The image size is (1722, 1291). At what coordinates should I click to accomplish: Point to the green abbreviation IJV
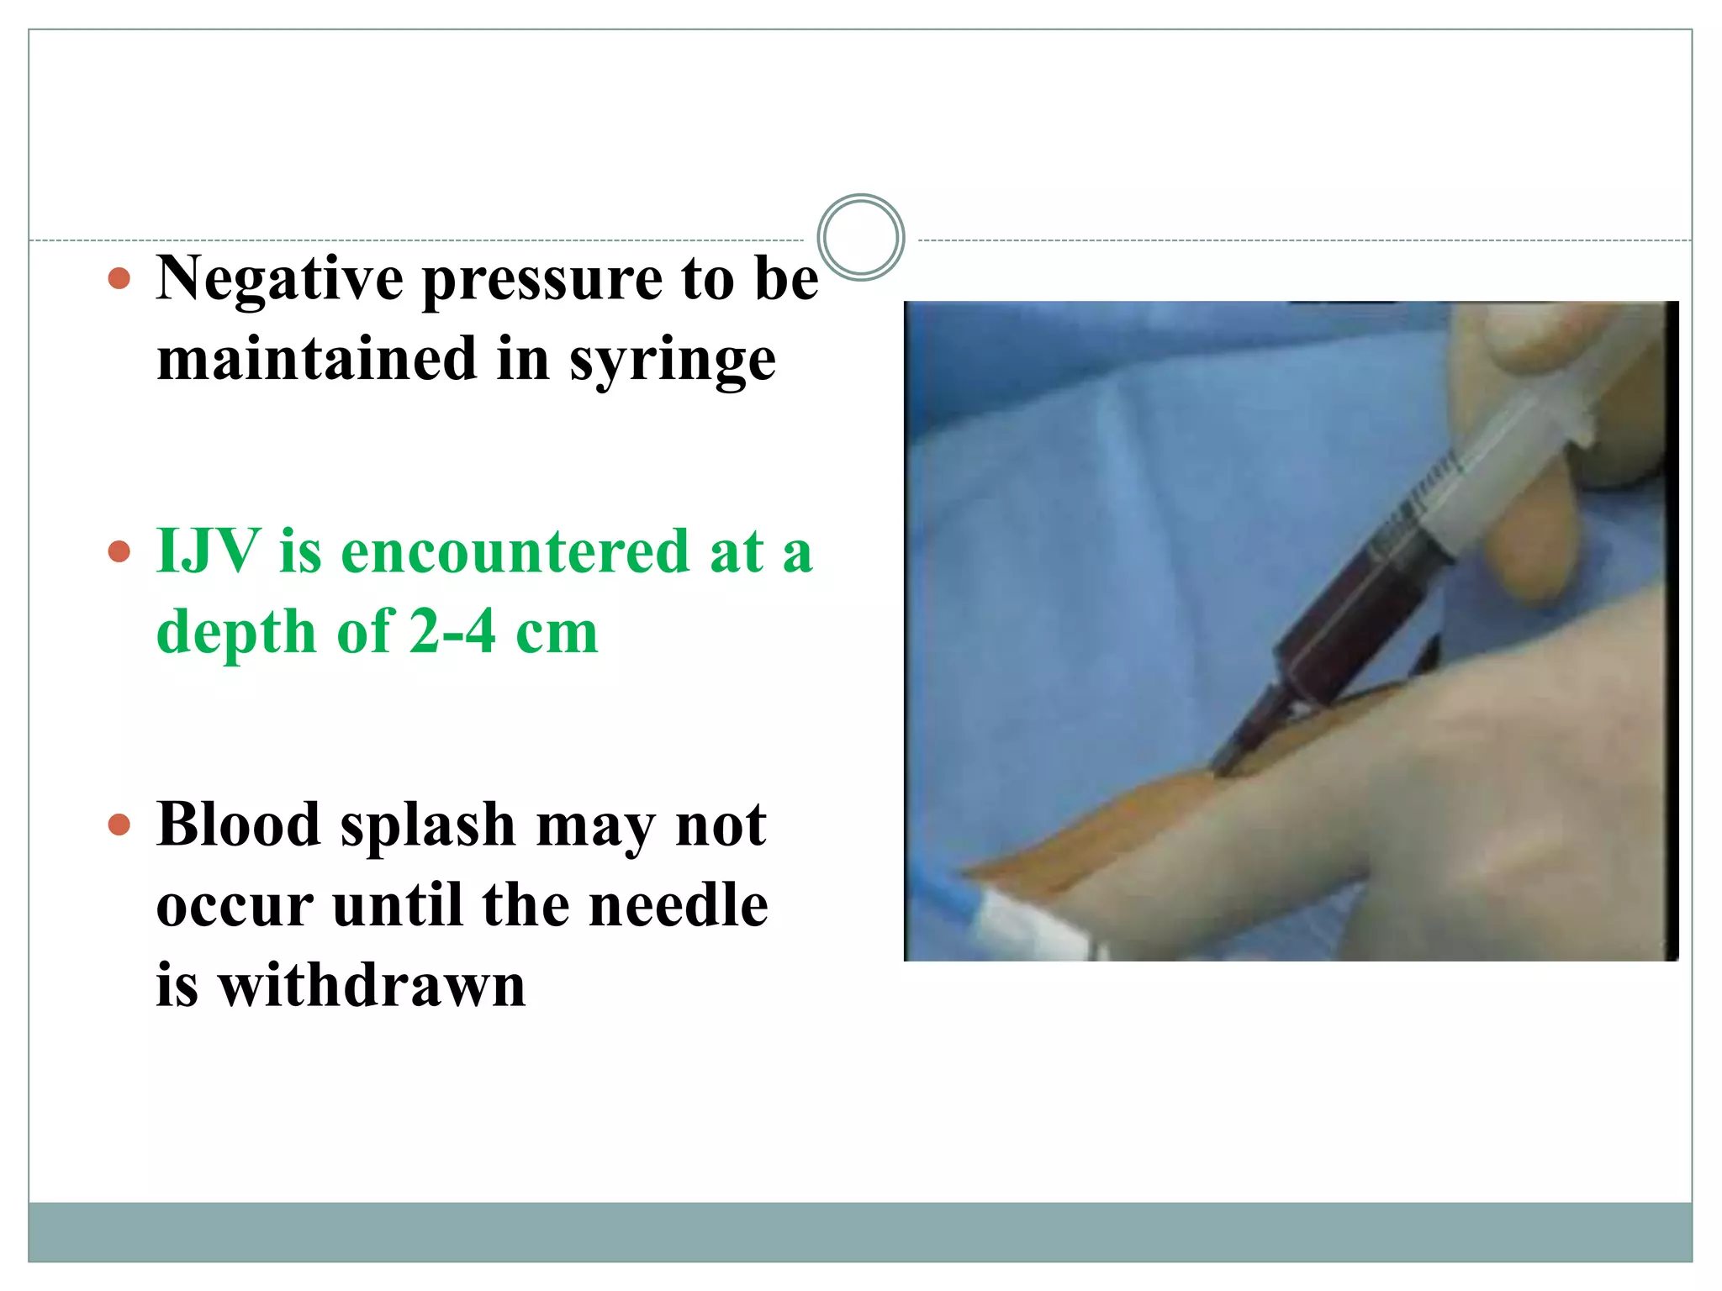click(x=208, y=551)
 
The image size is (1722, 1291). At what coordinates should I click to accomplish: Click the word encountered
click(x=515, y=552)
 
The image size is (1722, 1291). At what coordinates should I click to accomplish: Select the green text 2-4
click(x=453, y=631)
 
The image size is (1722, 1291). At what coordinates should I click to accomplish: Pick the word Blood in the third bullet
click(x=238, y=825)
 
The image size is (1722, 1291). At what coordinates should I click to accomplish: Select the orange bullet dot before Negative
click(x=119, y=278)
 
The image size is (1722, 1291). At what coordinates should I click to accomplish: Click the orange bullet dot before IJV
click(x=119, y=551)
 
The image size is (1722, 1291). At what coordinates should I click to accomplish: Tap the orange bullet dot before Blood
click(x=119, y=825)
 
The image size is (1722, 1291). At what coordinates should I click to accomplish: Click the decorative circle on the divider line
click(x=860, y=237)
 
